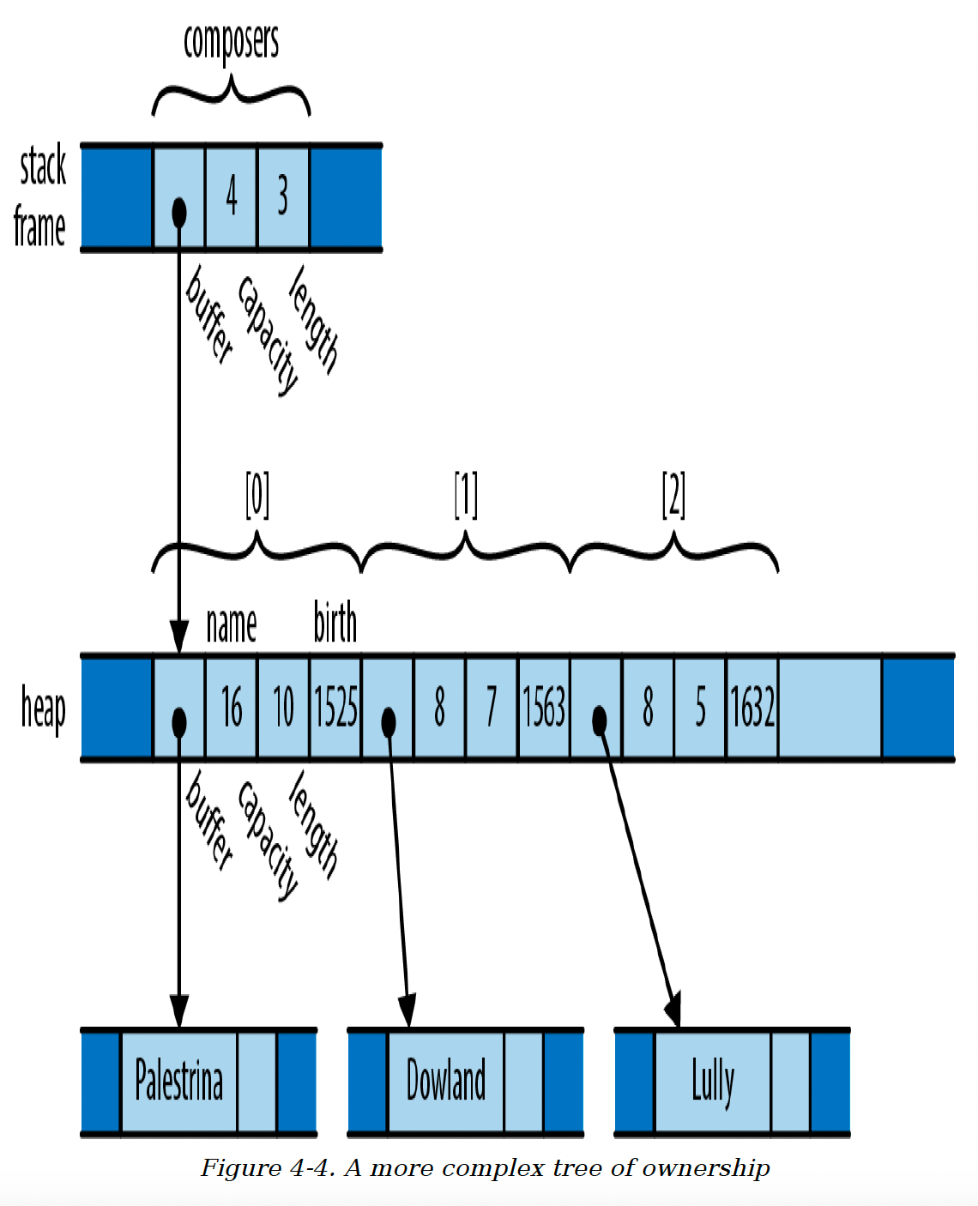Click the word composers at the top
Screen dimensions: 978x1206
pos(231,43)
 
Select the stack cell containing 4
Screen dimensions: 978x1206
pos(231,197)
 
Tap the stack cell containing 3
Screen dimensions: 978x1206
pos(283,197)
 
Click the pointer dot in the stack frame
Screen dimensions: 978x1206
pos(179,213)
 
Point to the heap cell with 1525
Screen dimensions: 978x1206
pos(335,707)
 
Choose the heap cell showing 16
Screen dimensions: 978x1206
pos(231,707)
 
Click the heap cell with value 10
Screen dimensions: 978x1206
pos(283,707)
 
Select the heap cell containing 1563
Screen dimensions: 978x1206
pos(544,707)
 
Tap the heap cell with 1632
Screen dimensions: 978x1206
pos(752,707)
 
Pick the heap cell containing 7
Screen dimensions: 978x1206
pos(492,707)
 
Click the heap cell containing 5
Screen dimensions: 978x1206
pos(700,707)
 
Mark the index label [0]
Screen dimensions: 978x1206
pos(257,495)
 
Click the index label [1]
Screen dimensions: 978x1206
pos(466,495)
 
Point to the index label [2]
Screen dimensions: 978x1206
pos(673,495)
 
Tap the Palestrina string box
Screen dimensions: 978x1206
pos(179,1081)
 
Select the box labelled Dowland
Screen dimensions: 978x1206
pos(446,1081)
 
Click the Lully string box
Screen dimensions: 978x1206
pos(712,1081)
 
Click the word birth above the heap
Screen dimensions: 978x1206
pos(335,622)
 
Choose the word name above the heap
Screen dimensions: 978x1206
pos(231,625)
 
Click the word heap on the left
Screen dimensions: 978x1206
pos(43,709)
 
